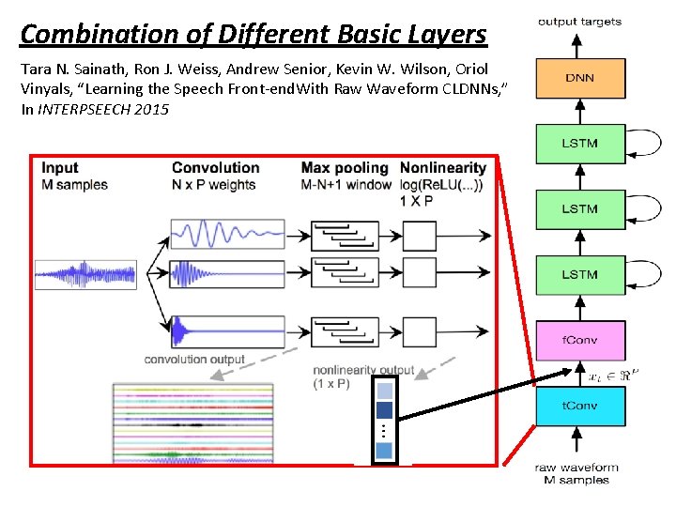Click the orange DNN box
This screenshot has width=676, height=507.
click(x=579, y=78)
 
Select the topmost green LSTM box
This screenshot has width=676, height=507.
click(x=579, y=144)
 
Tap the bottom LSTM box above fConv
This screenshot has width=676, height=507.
click(x=579, y=274)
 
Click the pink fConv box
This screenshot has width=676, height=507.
click(x=579, y=340)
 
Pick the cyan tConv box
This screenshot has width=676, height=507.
click(x=579, y=406)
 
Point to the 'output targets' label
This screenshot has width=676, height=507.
click(x=579, y=22)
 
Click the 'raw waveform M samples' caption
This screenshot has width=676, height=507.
click(x=576, y=474)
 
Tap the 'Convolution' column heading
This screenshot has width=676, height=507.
click(x=215, y=168)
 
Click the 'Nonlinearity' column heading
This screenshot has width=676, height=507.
click(x=442, y=168)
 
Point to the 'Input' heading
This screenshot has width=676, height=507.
click(x=60, y=168)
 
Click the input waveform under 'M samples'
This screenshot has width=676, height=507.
click(x=85, y=274)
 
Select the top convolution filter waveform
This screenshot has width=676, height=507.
click(x=227, y=234)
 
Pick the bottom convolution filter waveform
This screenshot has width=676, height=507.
click(x=227, y=330)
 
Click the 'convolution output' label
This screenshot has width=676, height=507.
click(x=194, y=359)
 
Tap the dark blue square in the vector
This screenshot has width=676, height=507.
click(x=384, y=409)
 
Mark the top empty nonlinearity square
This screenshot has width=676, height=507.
click(x=419, y=235)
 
